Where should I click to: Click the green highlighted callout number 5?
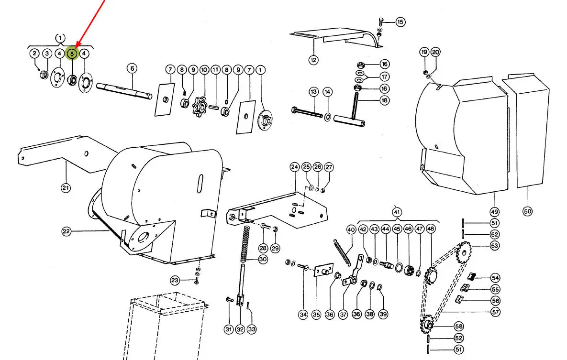point(72,54)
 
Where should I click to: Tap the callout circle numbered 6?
point(132,69)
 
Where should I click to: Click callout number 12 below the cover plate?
point(313,60)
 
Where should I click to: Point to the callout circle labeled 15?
point(400,22)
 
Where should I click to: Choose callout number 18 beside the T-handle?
point(385,100)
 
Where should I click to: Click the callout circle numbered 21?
point(66,188)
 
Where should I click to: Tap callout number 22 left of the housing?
point(66,232)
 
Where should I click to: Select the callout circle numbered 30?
point(263,260)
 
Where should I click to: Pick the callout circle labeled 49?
point(494,211)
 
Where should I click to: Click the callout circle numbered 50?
point(528,211)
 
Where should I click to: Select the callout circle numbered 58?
point(459,327)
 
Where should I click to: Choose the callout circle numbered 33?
point(252,329)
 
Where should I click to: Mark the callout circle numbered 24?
point(294,167)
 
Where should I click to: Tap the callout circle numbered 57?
point(495,312)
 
